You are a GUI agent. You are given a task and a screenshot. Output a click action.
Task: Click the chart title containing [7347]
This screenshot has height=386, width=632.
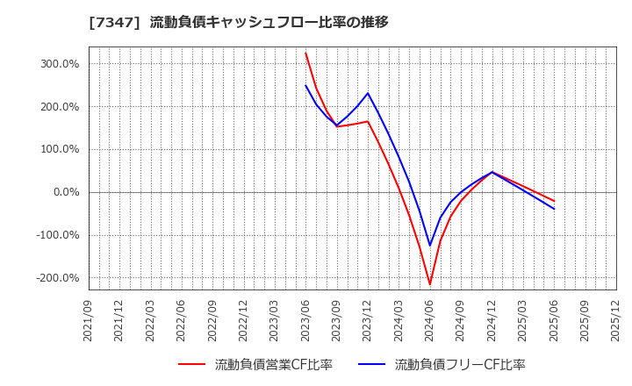[238, 22]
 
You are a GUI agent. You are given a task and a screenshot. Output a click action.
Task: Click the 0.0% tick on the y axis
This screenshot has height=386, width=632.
[65, 192]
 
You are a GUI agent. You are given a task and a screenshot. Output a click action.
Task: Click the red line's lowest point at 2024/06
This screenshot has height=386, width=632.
[430, 284]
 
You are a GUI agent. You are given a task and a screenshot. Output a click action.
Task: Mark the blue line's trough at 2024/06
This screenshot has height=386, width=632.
[430, 246]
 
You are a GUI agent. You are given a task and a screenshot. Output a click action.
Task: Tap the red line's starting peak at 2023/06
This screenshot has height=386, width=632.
[305, 53]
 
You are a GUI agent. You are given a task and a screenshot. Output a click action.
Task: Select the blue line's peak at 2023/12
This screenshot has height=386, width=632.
[368, 93]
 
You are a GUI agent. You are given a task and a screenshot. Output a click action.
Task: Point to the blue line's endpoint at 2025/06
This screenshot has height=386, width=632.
[554, 209]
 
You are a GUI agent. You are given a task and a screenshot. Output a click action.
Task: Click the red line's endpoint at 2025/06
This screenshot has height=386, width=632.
[554, 201]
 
